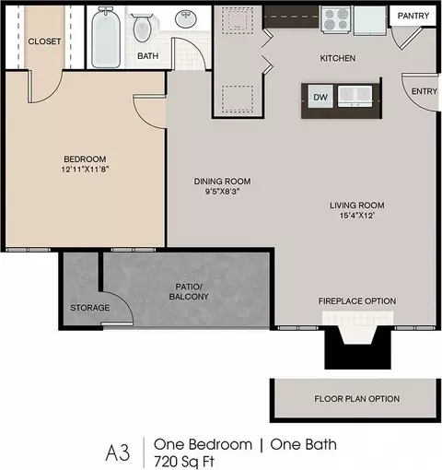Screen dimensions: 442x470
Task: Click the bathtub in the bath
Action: point(106,37)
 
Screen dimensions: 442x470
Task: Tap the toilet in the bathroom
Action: point(142,28)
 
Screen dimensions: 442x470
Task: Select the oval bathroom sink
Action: point(186,18)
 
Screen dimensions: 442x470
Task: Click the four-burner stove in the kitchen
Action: point(337,19)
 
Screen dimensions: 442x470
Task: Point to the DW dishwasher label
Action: point(320,98)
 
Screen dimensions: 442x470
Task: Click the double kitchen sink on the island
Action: point(355,96)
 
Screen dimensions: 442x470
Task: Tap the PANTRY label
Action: point(413,16)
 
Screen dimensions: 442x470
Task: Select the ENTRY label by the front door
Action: point(425,91)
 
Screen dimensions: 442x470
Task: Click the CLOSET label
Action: point(44,41)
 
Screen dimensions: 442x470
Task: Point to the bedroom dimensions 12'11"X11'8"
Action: point(85,170)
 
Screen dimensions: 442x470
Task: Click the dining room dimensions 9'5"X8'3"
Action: point(222,192)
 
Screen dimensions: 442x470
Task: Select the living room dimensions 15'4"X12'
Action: point(357,216)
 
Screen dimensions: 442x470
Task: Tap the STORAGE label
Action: point(90,308)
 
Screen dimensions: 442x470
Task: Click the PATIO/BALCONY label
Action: point(189,291)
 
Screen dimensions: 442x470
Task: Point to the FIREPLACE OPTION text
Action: point(357,301)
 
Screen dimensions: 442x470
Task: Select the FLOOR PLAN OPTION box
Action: point(356,400)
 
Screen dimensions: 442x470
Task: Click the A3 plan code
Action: point(118,453)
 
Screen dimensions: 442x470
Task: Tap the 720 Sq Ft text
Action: point(184,462)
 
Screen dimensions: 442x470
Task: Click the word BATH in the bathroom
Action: point(148,56)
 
